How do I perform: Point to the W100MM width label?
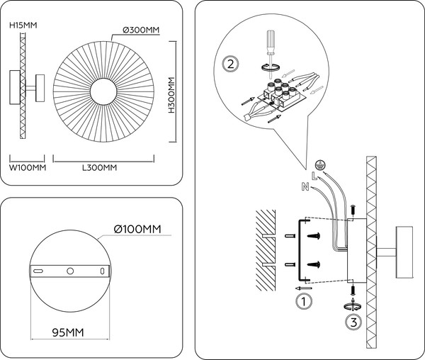point(27,168)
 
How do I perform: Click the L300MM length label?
point(99,168)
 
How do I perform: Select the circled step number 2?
point(230,64)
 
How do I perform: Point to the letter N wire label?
point(305,187)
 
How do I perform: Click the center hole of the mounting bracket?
point(69,271)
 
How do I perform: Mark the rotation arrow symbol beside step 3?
point(352,305)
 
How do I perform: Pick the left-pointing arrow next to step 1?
point(303,288)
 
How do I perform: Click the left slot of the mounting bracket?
point(40,271)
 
